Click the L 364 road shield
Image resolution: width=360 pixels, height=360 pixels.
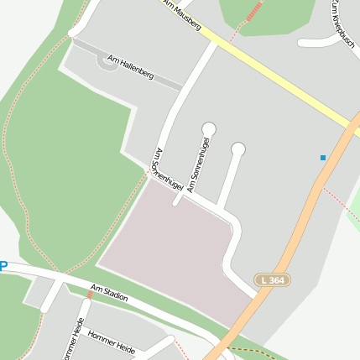272,279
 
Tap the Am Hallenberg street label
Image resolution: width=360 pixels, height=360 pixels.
130,67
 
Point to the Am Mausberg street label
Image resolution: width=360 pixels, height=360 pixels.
182,14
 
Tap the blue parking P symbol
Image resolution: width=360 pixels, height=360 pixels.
3,267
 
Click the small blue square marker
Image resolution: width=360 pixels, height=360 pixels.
322,157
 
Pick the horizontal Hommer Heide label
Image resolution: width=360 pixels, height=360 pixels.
111,341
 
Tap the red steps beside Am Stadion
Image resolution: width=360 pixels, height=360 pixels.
90,295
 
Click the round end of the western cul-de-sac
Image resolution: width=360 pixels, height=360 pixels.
208,128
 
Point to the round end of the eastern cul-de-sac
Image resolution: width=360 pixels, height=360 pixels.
238,149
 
